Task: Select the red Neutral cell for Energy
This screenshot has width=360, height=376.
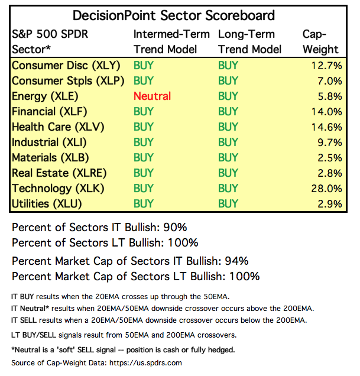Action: [x=152, y=96]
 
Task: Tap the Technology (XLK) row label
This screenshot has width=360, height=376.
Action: [x=50, y=188]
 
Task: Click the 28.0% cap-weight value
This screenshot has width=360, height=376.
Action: [x=326, y=188]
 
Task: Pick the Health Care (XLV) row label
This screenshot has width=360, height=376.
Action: [x=51, y=127]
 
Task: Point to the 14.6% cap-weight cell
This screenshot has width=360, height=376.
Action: [x=326, y=127]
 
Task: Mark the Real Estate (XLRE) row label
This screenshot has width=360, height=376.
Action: [x=52, y=173]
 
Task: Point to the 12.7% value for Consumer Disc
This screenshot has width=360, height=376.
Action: [x=326, y=65]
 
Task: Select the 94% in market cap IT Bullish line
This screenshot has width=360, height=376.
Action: [x=236, y=261]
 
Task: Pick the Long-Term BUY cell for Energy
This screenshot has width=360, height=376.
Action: [x=228, y=96]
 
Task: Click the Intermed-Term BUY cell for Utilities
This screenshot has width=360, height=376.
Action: [x=144, y=203]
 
